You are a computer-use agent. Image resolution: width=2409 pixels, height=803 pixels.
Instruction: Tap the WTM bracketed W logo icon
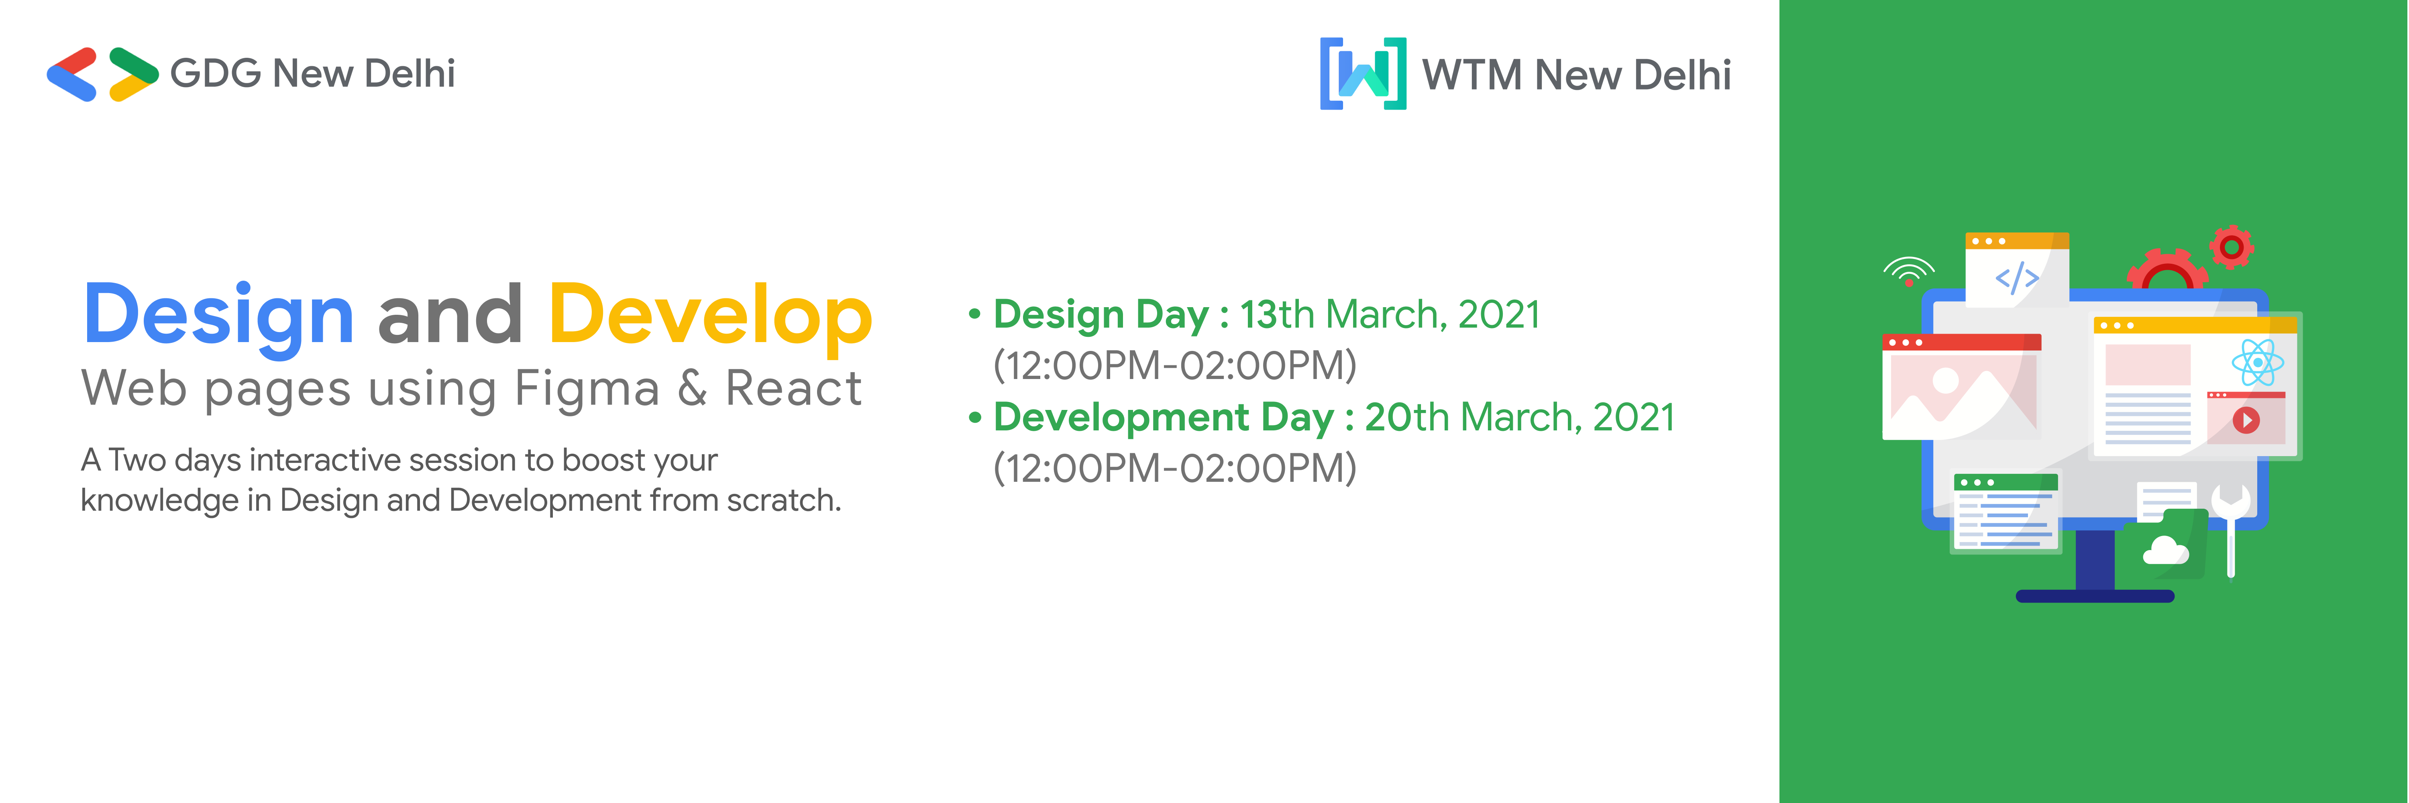point(1363,74)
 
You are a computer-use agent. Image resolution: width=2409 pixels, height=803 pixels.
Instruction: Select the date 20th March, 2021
point(1520,418)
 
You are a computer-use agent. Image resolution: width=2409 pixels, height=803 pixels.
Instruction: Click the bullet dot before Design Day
point(974,315)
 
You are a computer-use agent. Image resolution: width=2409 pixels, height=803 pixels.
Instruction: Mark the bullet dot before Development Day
point(974,418)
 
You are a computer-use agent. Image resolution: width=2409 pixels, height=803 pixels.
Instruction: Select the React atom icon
point(2258,363)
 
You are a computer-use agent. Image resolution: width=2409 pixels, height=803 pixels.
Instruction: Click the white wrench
point(2230,524)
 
